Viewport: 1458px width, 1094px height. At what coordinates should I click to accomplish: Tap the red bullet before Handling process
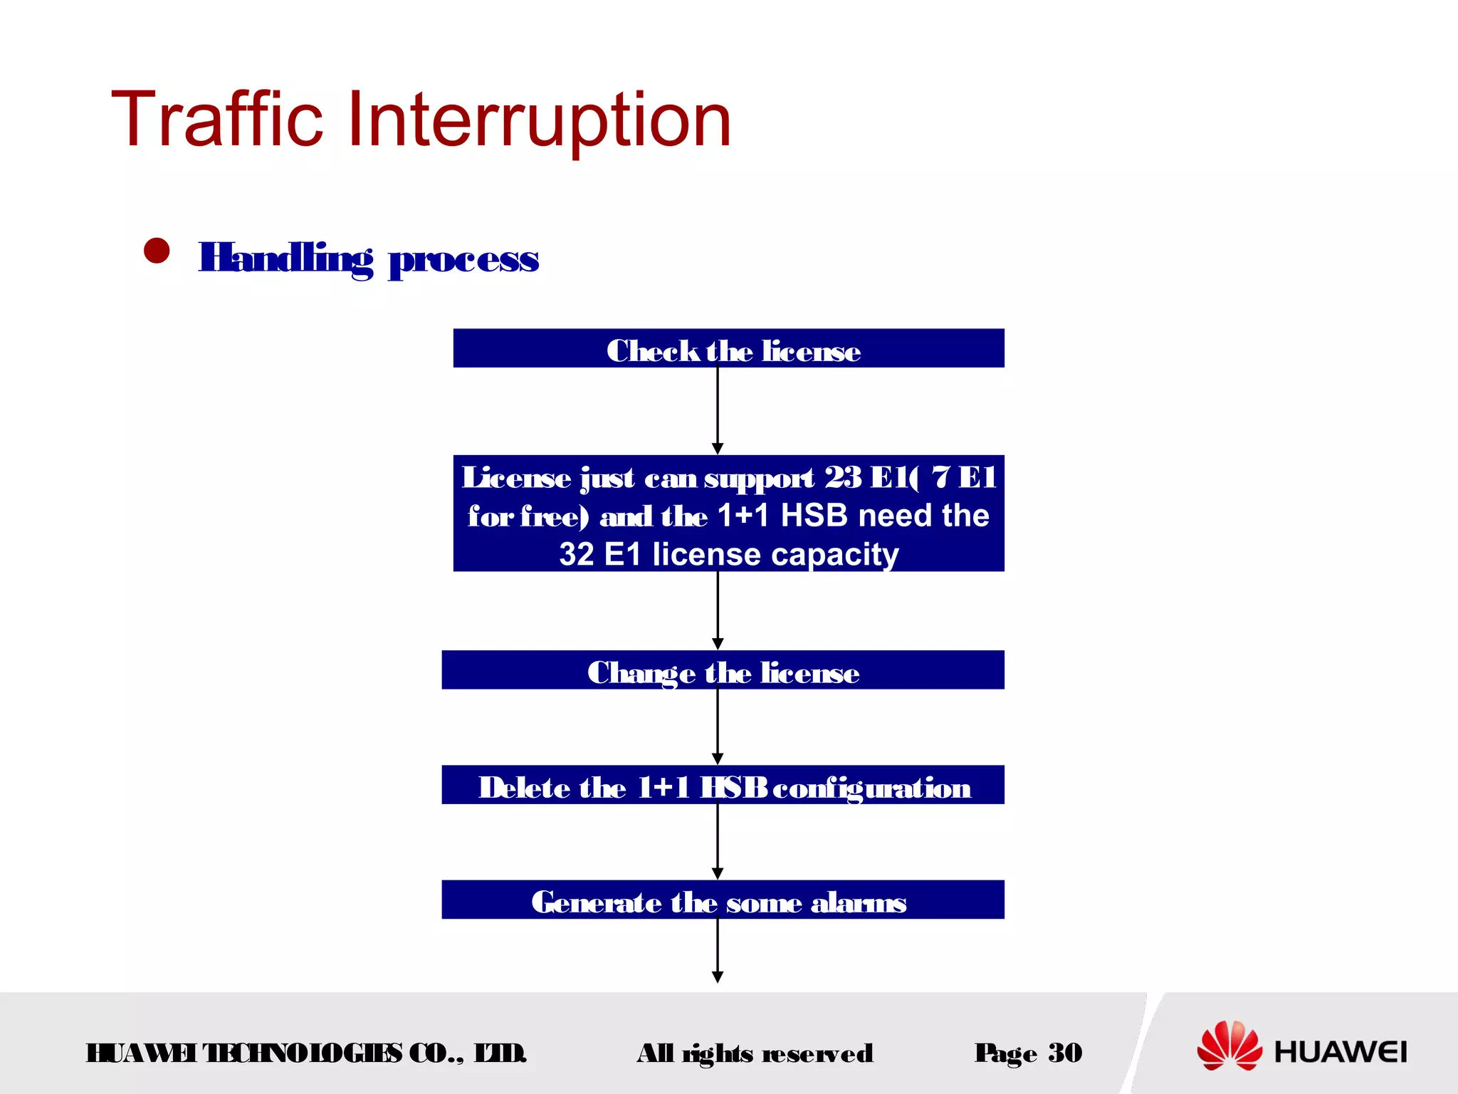click(x=157, y=251)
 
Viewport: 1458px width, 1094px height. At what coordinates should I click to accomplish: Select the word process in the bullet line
click(x=463, y=259)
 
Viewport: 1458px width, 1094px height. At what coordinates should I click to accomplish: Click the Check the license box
click(x=728, y=348)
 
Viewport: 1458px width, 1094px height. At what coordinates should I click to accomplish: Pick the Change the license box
click(x=723, y=670)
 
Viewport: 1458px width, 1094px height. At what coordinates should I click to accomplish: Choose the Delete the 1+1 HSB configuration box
click(x=723, y=785)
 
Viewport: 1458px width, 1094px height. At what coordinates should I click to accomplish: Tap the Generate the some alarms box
click(x=723, y=900)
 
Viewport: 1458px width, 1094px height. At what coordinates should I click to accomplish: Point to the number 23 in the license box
click(x=843, y=477)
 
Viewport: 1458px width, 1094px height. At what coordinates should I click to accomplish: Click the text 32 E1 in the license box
click(x=600, y=554)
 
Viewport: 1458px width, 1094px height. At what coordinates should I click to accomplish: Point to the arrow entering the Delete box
click(x=718, y=727)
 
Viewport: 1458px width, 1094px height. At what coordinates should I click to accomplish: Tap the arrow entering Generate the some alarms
click(x=718, y=842)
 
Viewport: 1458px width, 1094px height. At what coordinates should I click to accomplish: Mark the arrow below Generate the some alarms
click(x=718, y=951)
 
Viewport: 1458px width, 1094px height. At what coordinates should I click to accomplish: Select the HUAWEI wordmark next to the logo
click(x=1341, y=1052)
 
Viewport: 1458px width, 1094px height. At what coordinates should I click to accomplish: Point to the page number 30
click(x=1065, y=1053)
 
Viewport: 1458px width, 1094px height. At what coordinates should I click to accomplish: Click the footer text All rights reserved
click(x=755, y=1053)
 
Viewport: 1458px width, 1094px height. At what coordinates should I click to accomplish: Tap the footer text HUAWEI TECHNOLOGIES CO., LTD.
click(x=306, y=1053)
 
